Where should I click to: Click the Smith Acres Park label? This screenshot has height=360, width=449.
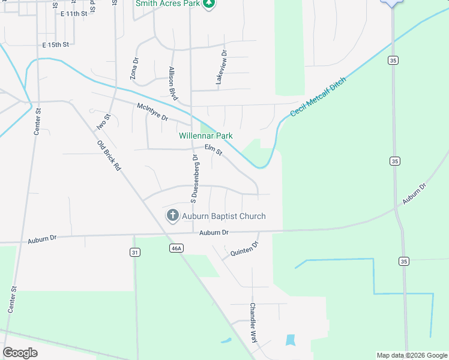[167, 4]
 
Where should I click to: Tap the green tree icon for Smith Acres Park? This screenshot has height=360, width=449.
[208, 4]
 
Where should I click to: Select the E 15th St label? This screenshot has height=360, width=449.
[56, 44]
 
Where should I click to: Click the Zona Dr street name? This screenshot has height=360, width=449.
[134, 68]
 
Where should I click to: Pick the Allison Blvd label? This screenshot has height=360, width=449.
[174, 83]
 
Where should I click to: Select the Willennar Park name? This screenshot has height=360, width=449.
[206, 136]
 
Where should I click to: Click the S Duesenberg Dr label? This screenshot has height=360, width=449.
[194, 177]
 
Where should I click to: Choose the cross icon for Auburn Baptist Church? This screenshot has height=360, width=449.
[172, 216]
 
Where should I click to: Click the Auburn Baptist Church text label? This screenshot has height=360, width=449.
[224, 216]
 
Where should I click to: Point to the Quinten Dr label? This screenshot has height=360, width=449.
[244, 250]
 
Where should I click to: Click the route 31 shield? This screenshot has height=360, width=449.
[135, 253]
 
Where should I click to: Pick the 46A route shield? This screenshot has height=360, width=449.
[175, 248]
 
